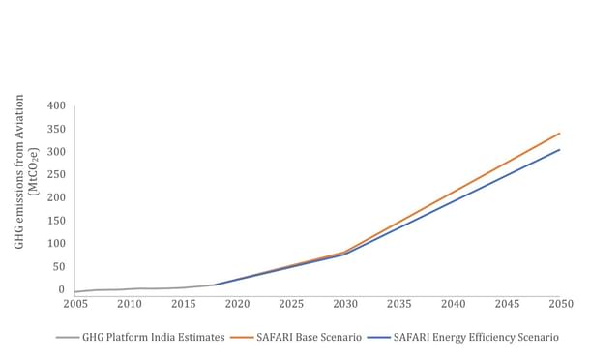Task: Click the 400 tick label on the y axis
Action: [58, 105]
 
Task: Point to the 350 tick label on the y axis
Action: [58, 129]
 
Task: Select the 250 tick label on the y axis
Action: [58, 174]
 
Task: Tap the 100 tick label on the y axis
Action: [58, 243]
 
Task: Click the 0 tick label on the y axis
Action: [63, 289]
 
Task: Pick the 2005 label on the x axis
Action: [75, 304]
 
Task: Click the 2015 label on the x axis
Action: [184, 304]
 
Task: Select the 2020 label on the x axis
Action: [238, 304]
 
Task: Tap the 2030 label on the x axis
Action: [345, 304]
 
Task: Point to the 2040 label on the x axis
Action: [453, 304]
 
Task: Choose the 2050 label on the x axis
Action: [560, 304]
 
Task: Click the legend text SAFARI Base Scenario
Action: [310, 338]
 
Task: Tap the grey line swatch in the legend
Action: [67, 338]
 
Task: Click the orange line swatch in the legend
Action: [242, 338]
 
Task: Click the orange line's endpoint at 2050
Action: [560, 134]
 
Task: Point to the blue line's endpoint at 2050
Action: [560, 150]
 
